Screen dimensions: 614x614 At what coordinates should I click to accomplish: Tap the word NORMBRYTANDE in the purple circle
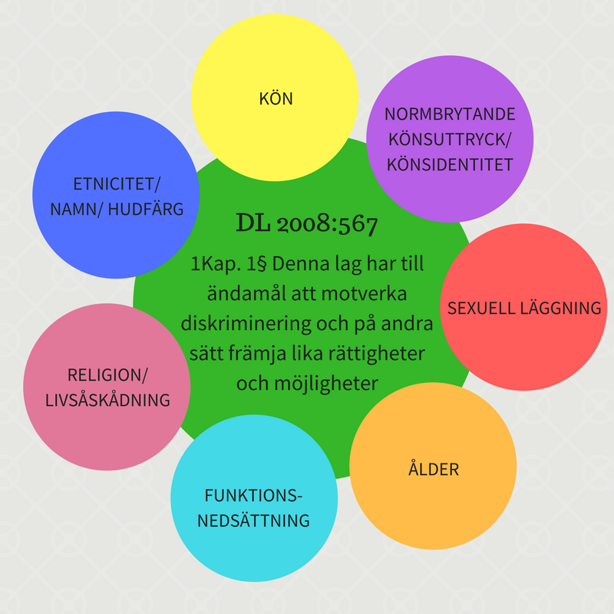[x=450, y=114]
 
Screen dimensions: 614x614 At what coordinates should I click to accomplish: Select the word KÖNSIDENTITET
[x=451, y=165]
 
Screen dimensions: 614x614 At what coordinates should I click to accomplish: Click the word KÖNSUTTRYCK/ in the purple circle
[x=450, y=140]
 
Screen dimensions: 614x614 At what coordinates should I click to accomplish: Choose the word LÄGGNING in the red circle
[x=563, y=308]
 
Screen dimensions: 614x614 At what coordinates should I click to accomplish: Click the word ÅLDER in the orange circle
[x=433, y=468]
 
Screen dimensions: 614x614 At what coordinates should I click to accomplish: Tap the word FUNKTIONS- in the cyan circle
[x=254, y=494]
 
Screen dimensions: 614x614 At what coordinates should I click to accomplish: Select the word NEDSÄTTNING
[x=254, y=520]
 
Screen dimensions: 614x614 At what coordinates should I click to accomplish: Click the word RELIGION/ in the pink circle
[x=107, y=375]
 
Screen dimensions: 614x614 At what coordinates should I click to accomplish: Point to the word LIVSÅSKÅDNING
[x=107, y=400]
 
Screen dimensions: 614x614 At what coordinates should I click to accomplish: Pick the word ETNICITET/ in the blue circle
[x=117, y=183]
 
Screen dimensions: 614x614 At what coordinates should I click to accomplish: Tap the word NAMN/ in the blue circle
[x=76, y=209]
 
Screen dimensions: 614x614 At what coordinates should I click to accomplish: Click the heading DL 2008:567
[x=307, y=224]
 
